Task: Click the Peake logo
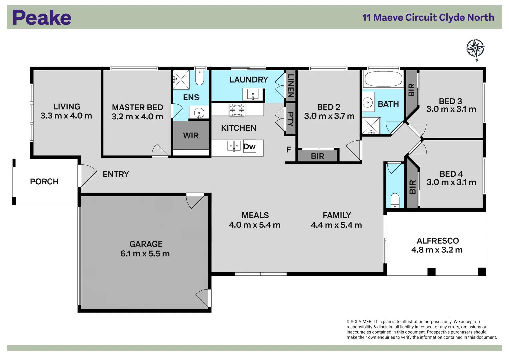click(x=42, y=18)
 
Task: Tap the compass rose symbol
click(x=475, y=48)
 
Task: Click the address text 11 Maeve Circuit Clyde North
click(x=428, y=17)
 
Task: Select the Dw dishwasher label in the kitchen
click(x=249, y=147)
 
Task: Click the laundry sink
click(x=253, y=94)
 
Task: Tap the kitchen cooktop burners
click(x=237, y=110)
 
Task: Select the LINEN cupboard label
click(x=291, y=85)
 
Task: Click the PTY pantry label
click(x=291, y=119)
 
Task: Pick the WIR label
click(x=191, y=136)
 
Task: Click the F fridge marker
click(x=289, y=150)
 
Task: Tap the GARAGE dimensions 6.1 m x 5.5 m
click(x=145, y=254)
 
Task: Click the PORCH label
click(x=44, y=182)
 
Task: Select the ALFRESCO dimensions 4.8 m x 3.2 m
click(x=437, y=250)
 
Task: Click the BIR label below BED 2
click(x=317, y=156)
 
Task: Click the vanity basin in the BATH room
click(x=368, y=102)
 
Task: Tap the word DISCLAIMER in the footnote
click(x=359, y=322)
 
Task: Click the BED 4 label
click(x=451, y=174)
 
